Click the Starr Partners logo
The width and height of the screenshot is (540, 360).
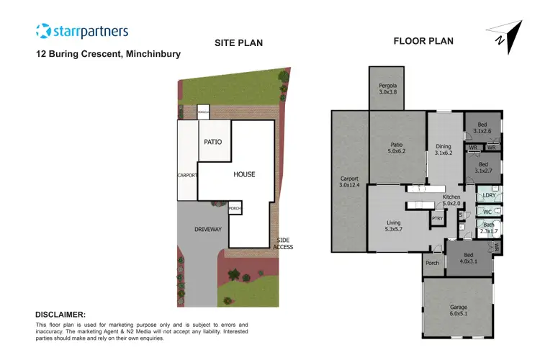coord(82,31)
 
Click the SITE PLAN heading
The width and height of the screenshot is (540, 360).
coord(238,43)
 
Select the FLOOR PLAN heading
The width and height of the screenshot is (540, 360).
coord(423,41)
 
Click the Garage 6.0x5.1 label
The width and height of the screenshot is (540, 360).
coord(458,310)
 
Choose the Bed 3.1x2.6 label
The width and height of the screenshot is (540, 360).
coord(482,127)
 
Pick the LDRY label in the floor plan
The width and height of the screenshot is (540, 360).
coord(489,195)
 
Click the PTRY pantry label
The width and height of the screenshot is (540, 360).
coord(436,218)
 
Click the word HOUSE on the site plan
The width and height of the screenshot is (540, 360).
coord(244,174)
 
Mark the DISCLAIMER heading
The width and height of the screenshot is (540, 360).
coord(60,315)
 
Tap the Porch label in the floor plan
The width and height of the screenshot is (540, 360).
coord(432,263)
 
